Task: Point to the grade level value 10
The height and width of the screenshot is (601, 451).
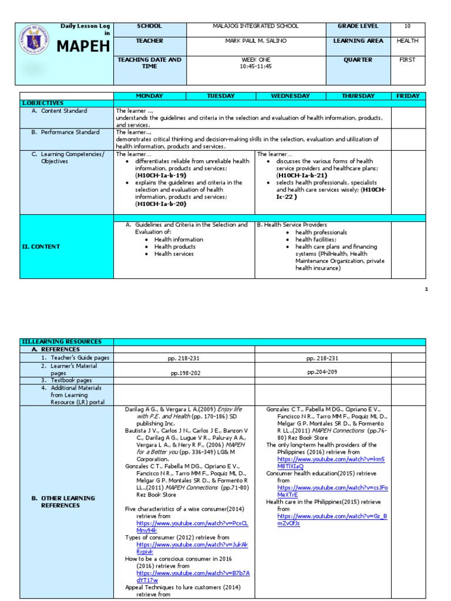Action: (x=408, y=26)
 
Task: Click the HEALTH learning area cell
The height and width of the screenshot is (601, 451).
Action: (x=408, y=41)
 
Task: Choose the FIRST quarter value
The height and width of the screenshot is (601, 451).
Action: (x=408, y=60)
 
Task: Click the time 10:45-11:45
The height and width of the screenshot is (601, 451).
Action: (x=256, y=66)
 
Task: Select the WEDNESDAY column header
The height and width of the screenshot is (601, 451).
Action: (x=290, y=96)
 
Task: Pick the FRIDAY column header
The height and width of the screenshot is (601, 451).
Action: (x=408, y=96)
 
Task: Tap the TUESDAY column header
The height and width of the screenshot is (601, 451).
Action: (x=220, y=96)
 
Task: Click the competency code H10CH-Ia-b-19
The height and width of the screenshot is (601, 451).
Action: (x=160, y=175)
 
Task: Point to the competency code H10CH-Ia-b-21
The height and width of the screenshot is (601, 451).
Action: (x=301, y=175)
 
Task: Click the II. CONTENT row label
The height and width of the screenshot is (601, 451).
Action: (x=41, y=247)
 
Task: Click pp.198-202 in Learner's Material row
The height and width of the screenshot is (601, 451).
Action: (x=185, y=373)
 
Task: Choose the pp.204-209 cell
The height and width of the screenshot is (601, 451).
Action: (x=322, y=372)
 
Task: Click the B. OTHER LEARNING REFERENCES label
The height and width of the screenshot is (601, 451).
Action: (x=63, y=502)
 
